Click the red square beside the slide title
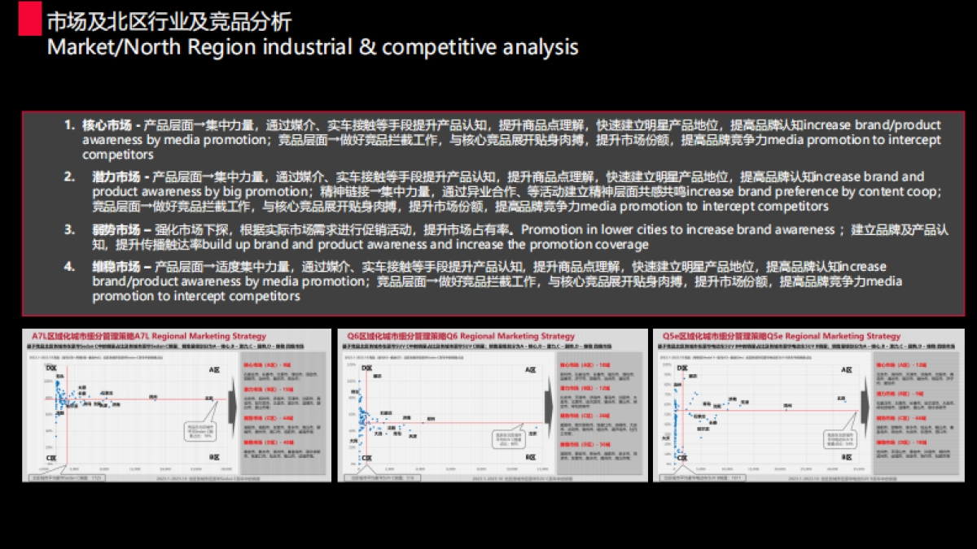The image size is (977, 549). pos(30,18)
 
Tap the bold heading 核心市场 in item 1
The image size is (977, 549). pos(107,125)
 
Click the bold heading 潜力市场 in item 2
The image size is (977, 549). pos(116,176)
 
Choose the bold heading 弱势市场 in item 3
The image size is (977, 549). pos(116,229)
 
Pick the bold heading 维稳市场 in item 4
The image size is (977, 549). pos(116,267)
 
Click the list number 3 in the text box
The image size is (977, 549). pos(70,229)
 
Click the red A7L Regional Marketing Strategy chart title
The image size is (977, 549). pos(149,336)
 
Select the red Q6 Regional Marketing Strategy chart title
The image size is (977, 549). pos(461,336)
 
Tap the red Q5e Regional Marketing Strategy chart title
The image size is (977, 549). pos(781,336)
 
